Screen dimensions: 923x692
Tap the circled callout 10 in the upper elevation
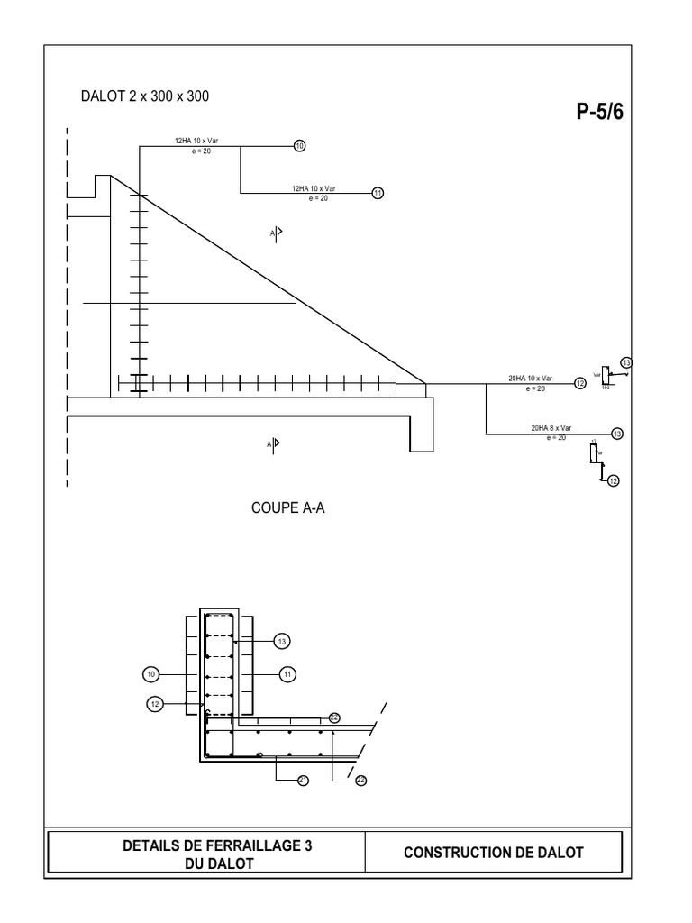pyautogui.click(x=300, y=144)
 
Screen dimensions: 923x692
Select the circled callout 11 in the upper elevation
pyautogui.click(x=378, y=192)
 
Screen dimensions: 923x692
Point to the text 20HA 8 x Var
pyautogui.click(x=551, y=429)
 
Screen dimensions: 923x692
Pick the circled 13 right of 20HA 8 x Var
pyautogui.click(x=617, y=434)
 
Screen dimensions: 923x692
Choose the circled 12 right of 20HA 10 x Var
pyautogui.click(x=580, y=383)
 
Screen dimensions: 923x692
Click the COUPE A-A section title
pyautogui.click(x=287, y=508)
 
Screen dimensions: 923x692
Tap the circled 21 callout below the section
pyautogui.click(x=303, y=781)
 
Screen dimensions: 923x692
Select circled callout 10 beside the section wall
pyautogui.click(x=150, y=673)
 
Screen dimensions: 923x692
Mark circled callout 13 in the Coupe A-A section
pyautogui.click(x=282, y=641)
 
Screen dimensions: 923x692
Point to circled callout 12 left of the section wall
pyautogui.click(x=156, y=704)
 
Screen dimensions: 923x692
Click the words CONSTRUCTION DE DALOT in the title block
pyautogui.click(x=494, y=852)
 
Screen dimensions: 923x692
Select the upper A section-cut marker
pyautogui.click(x=276, y=233)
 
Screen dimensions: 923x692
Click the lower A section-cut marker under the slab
pyautogui.click(x=273, y=443)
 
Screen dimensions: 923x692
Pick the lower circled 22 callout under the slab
pyautogui.click(x=361, y=781)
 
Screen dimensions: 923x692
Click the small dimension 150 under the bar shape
pyautogui.click(x=605, y=388)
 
